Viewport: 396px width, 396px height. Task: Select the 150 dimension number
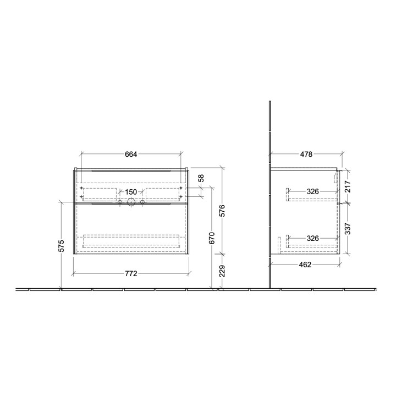131,192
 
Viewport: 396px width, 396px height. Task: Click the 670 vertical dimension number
211,238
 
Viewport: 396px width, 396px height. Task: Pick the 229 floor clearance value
223,271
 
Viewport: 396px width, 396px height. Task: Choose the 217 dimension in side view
348,186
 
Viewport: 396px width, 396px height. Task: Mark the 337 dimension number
348,228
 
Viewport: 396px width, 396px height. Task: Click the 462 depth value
305,264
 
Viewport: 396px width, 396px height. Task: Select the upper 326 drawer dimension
313,192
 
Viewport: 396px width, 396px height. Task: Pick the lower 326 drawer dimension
313,238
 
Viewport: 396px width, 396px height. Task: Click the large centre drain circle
131,202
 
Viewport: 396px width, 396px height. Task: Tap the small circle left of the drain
120,203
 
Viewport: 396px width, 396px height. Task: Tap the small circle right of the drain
142,203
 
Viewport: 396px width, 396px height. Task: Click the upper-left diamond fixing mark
81,188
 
